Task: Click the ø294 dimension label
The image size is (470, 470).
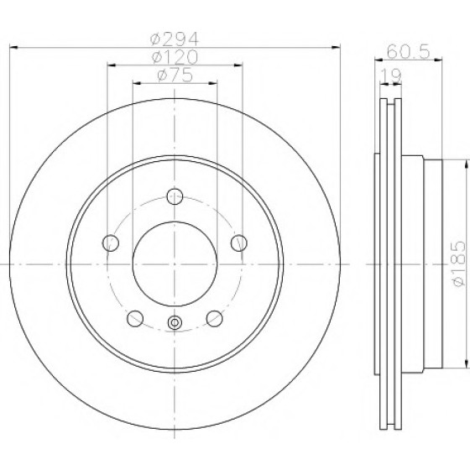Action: pos(175,39)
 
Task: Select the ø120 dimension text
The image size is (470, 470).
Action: pos(175,57)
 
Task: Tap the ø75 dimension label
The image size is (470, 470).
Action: pos(175,75)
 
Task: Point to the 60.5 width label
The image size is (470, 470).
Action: pos(409,51)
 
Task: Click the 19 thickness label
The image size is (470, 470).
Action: pos(390,76)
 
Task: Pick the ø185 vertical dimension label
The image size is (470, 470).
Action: pos(459,264)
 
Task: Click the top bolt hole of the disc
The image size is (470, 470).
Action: pos(175,196)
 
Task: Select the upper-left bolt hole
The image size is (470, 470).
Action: pos(111,243)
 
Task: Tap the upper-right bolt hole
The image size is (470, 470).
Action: pos(239,243)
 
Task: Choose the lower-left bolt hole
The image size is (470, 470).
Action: pos(135,318)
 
